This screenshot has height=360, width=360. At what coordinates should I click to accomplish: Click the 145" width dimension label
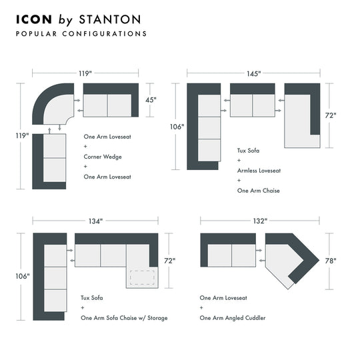click(x=253, y=72)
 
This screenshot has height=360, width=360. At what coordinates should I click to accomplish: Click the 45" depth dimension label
click(x=151, y=100)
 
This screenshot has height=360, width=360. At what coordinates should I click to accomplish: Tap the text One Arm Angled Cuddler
click(x=232, y=318)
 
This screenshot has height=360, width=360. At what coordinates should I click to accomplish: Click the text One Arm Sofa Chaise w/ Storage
click(x=124, y=318)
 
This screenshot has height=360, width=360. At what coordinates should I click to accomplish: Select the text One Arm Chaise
click(x=258, y=191)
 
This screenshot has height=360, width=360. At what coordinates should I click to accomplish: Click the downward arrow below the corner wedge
click(x=59, y=127)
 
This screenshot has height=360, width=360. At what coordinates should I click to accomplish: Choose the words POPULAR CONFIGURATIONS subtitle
click(x=81, y=33)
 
